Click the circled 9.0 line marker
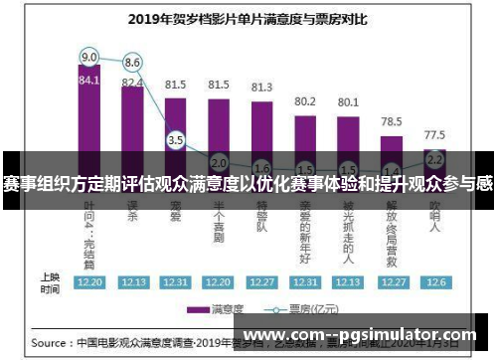coord(89,56)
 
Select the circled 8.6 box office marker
coord(132,62)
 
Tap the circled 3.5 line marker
coord(176,140)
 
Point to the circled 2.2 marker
coord(434,158)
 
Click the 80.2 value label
coord(305,101)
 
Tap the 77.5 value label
coord(434,133)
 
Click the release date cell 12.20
coord(89,282)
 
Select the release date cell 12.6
coord(434,282)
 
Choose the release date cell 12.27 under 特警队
coord(261,282)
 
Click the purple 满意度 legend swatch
coord(199,309)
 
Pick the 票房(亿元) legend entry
coord(299,309)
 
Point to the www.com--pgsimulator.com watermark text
coord(359,335)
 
